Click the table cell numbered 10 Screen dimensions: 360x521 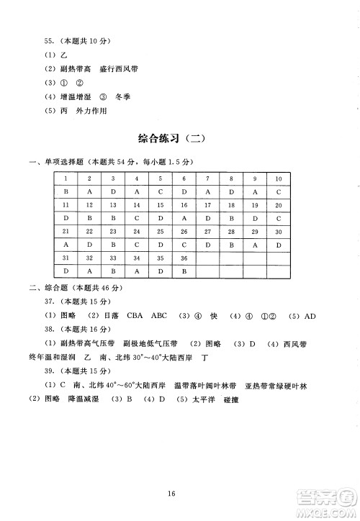(278, 178)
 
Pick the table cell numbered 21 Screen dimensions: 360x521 (66, 231)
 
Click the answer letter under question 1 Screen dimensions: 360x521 (66, 192)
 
